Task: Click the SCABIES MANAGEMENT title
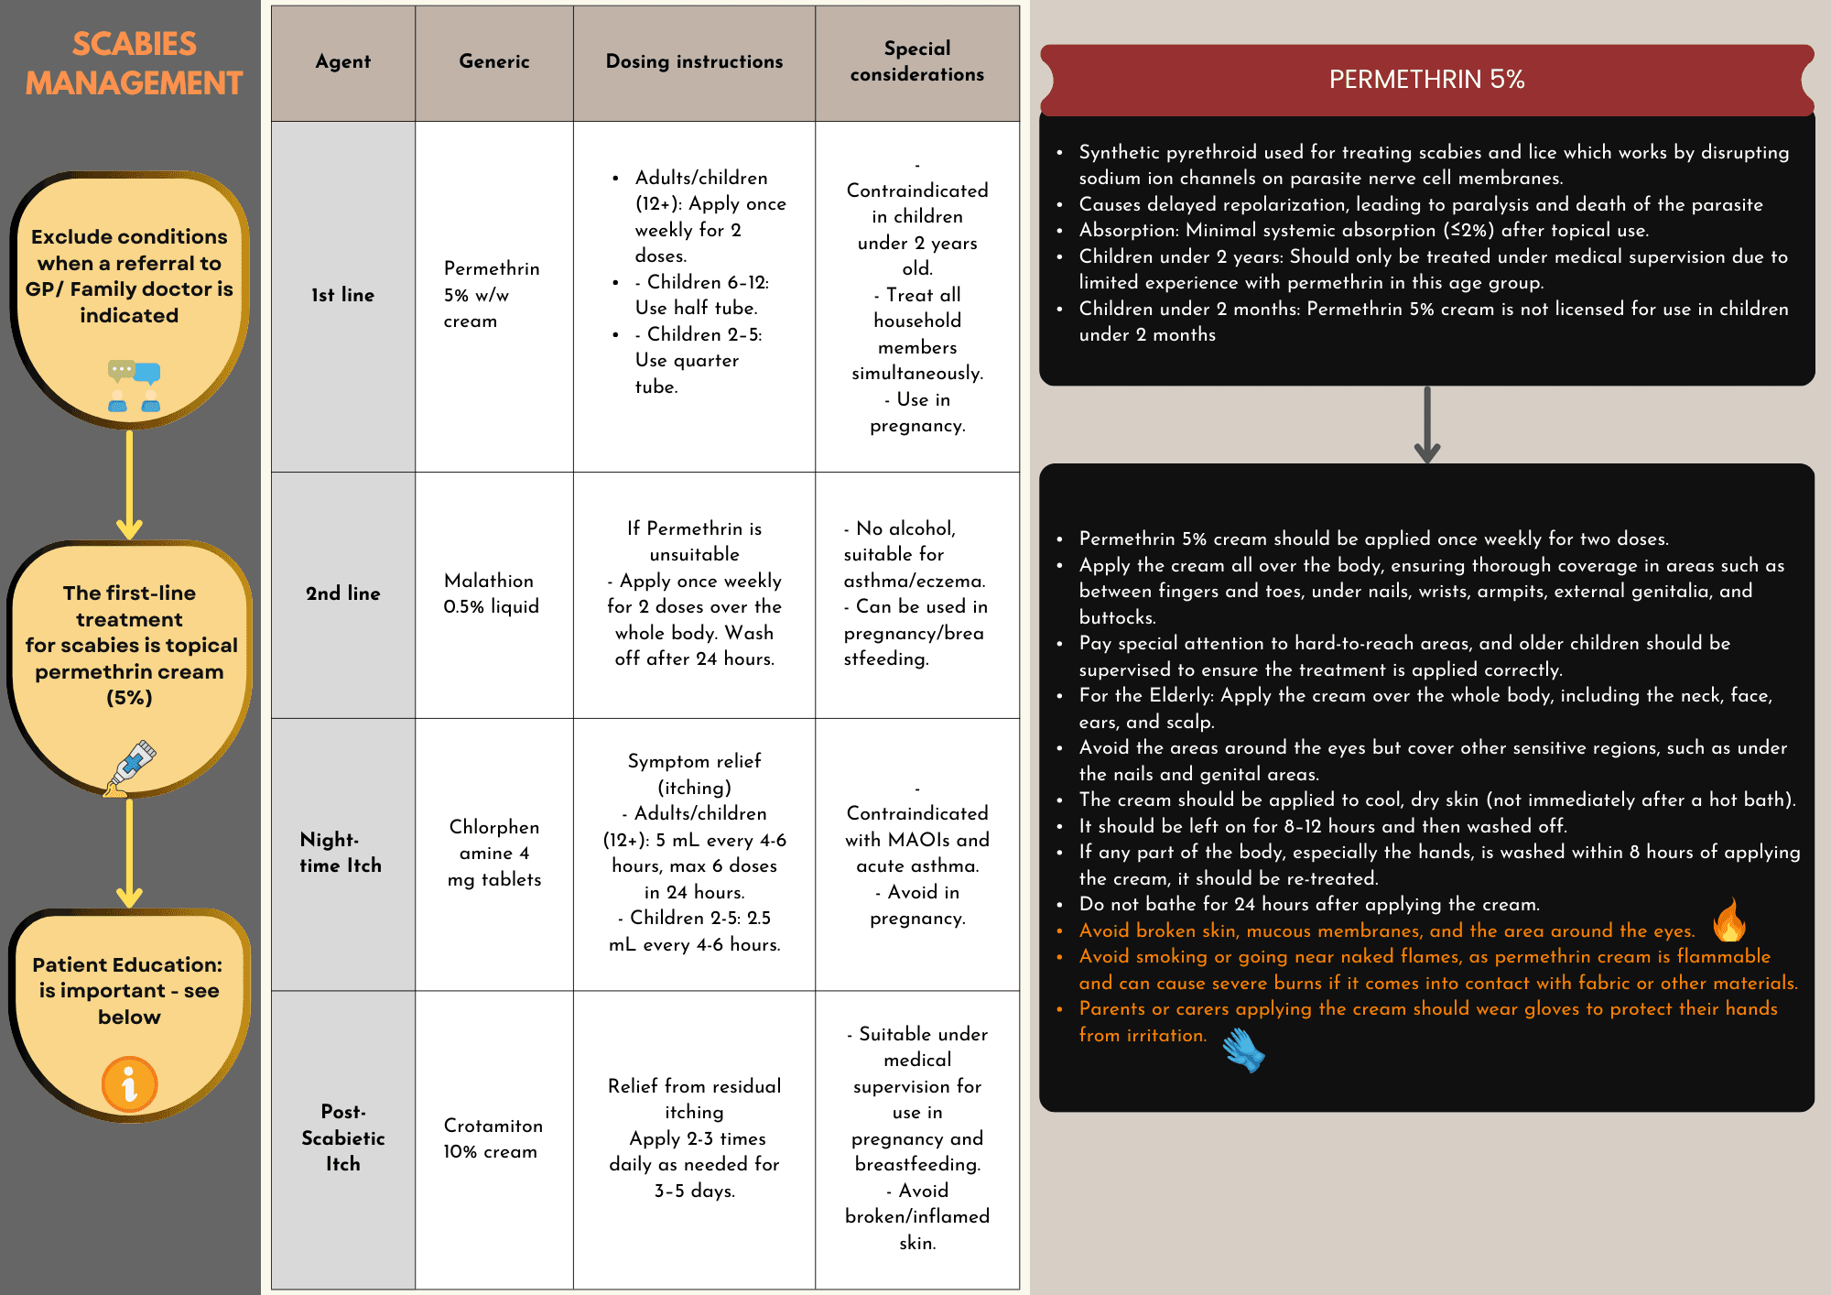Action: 134,63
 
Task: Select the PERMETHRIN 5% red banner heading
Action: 1426,80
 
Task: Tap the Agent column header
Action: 342,61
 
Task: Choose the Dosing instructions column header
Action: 694,61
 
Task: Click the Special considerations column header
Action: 916,61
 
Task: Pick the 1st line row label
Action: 342,295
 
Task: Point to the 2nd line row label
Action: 342,593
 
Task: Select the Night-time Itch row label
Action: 340,853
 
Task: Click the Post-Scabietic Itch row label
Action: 342,1137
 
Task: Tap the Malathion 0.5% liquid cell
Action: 492,593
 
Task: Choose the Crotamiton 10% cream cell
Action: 493,1138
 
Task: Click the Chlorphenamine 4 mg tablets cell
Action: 493,853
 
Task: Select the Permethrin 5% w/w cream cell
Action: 492,295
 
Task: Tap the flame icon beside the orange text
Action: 1729,920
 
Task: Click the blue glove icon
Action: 1243,1050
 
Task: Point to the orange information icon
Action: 129,1083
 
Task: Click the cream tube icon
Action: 131,767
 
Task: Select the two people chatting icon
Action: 134,386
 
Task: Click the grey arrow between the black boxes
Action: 1426,425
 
